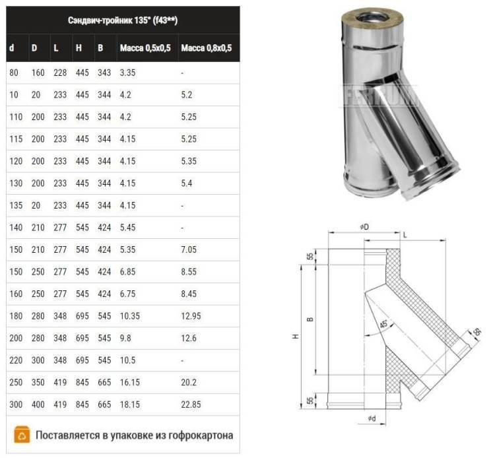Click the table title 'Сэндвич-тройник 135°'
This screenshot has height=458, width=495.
point(110,20)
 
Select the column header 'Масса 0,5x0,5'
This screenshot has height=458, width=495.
point(145,48)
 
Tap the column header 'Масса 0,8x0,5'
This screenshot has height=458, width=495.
point(207,48)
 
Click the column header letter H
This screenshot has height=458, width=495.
point(79,48)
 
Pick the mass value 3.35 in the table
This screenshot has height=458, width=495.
point(127,73)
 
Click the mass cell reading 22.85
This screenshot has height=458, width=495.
point(191,405)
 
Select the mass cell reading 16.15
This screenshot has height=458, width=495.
point(130,382)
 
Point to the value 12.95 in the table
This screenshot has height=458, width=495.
point(191,316)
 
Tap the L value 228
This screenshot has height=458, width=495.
point(60,73)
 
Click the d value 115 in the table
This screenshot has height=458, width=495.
point(16,139)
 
